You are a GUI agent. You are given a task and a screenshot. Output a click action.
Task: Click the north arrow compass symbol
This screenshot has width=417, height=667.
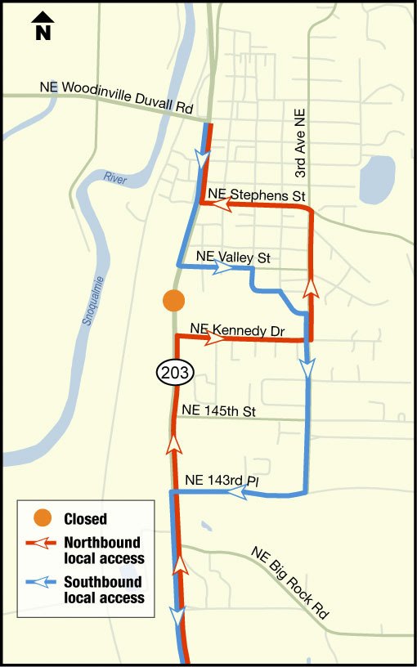tap(43, 27)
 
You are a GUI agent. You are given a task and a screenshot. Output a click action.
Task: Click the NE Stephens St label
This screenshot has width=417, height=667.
tap(256, 195)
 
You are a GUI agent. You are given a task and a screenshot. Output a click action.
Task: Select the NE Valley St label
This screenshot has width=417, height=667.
tap(233, 257)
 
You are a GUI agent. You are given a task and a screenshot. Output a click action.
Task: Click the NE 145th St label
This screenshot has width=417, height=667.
tap(219, 411)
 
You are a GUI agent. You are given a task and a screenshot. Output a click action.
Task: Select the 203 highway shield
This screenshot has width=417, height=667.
tap(174, 374)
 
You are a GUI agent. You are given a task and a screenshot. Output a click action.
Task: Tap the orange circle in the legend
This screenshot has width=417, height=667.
tap(43, 517)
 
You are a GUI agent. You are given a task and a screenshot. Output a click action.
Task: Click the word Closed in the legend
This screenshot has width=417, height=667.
tap(85, 518)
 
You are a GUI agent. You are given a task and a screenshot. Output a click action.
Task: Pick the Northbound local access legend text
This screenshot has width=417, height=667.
tap(103, 550)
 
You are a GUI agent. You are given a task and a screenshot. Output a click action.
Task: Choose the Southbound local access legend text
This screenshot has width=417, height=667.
tap(103, 589)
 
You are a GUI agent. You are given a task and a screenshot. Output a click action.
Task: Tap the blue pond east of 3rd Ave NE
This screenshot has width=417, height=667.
tap(376, 179)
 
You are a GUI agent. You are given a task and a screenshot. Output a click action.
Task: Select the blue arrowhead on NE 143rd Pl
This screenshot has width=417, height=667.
tap(237, 493)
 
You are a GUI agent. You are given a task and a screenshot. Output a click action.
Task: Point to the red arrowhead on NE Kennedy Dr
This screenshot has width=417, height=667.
tap(215, 338)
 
